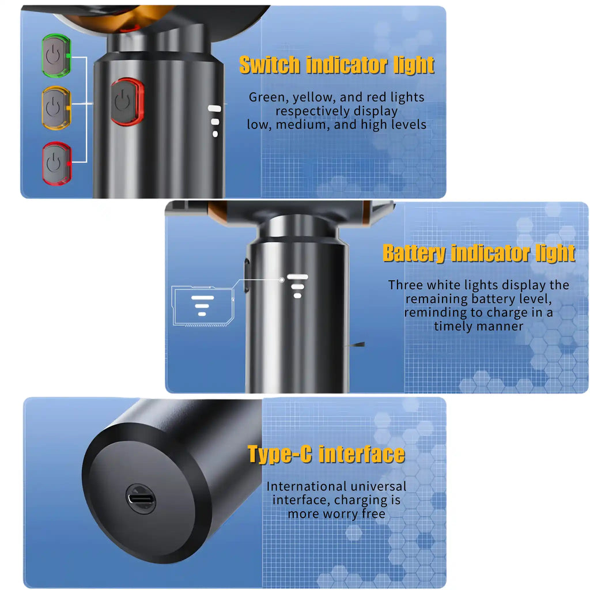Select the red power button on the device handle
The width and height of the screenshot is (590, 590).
(126, 102)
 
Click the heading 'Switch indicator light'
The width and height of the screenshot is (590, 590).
(336, 65)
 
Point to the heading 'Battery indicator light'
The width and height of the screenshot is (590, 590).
(479, 253)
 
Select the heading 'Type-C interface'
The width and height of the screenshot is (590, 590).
(326, 454)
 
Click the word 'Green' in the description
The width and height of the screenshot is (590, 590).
(266, 97)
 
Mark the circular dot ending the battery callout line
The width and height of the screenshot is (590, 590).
(282, 280)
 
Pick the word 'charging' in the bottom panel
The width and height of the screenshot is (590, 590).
(358, 500)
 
